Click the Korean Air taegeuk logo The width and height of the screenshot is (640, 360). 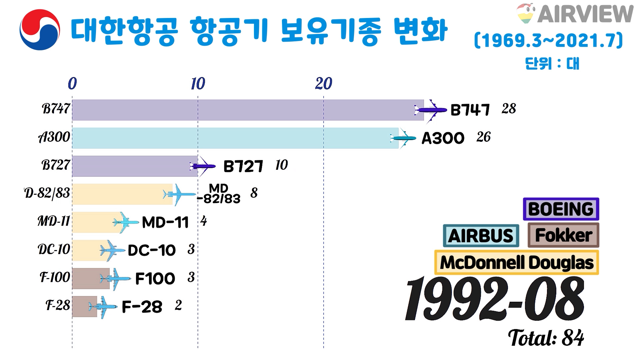pyautogui.click(x=40, y=30)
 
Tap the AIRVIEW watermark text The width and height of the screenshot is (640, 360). pyautogui.click(x=585, y=14)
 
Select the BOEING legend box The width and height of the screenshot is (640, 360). pyautogui.click(x=561, y=209)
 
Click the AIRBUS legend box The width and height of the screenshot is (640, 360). pyautogui.click(x=481, y=236)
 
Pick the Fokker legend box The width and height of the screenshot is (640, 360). pyautogui.click(x=563, y=235)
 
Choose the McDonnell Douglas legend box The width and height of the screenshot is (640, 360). pyautogui.click(x=516, y=262)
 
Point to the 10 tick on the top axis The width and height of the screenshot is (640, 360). pyautogui.click(x=198, y=84)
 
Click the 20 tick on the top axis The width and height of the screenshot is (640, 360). pyautogui.click(x=323, y=84)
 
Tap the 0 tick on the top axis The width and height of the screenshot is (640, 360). pyautogui.click(x=72, y=84)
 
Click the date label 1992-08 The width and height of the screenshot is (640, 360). pyautogui.click(x=494, y=299)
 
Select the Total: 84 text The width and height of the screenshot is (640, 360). pyautogui.click(x=546, y=338)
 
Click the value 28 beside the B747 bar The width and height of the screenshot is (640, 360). pyautogui.click(x=509, y=109)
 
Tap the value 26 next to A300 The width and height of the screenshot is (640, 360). pyautogui.click(x=483, y=137)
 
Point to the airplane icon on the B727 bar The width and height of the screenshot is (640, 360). pyautogui.click(x=202, y=166)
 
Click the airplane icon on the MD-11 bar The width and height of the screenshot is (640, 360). pyautogui.click(x=125, y=222)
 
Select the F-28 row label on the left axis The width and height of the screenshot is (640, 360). pyautogui.click(x=58, y=305)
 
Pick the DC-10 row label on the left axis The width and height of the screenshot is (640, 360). pyautogui.click(x=54, y=249)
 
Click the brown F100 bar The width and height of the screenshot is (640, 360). pyautogui.click(x=90, y=278)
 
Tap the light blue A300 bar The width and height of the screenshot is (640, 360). pyautogui.click(x=233, y=138)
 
